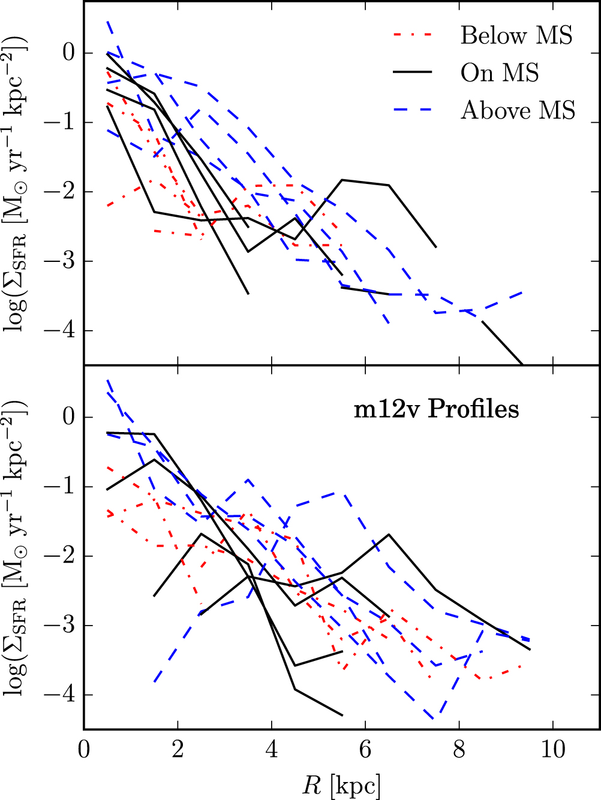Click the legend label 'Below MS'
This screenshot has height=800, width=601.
point(516,36)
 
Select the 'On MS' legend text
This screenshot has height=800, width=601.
point(500,73)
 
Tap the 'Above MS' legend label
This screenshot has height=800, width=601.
point(518,110)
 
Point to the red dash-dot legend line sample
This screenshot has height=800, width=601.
point(413,35)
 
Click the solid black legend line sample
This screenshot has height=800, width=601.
point(413,73)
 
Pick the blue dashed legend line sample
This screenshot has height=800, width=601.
point(413,110)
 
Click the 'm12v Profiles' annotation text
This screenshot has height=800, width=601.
point(436,409)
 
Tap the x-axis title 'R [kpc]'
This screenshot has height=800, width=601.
point(341,785)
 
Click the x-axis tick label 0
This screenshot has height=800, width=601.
point(84,749)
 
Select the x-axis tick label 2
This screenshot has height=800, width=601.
point(178,749)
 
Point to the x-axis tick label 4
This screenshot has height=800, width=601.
point(272,749)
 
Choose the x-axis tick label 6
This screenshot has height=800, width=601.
point(365,749)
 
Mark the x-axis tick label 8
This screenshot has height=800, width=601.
point(459,749)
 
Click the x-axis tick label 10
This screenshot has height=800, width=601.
point(553,749)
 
